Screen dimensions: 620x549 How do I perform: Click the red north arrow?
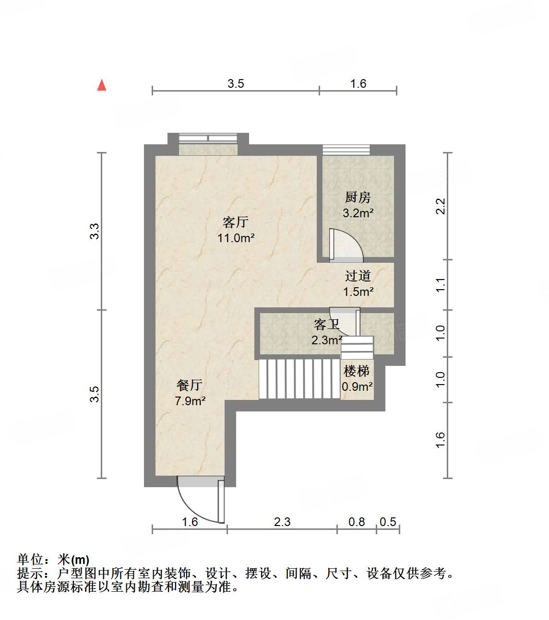click(102, 85)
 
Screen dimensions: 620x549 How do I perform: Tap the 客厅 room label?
click(235, 222)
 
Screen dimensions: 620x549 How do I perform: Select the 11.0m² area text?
click(236, 238)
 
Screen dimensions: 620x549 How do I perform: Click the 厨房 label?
click(358, 198)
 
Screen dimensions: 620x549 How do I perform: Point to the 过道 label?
click(358, 276)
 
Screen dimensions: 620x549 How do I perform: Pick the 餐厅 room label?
click(190, 385)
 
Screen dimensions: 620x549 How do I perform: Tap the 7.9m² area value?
click(190, 401)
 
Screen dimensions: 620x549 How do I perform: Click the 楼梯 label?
click(357, 371)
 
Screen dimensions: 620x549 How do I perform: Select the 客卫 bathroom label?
click(326, 325)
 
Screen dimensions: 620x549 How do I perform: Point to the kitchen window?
click(346, 150)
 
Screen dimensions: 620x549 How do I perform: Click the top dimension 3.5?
click(236, 84)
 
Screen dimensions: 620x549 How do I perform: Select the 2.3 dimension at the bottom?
click(282, 522)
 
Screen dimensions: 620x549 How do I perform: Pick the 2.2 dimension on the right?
click(440, 206)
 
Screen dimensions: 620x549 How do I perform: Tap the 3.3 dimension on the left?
click(95, 232)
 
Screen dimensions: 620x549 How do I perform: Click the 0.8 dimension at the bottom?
click(357, 522)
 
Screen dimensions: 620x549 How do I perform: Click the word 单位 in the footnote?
click(30, 560)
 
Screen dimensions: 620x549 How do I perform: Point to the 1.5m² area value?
click(358, 292)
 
